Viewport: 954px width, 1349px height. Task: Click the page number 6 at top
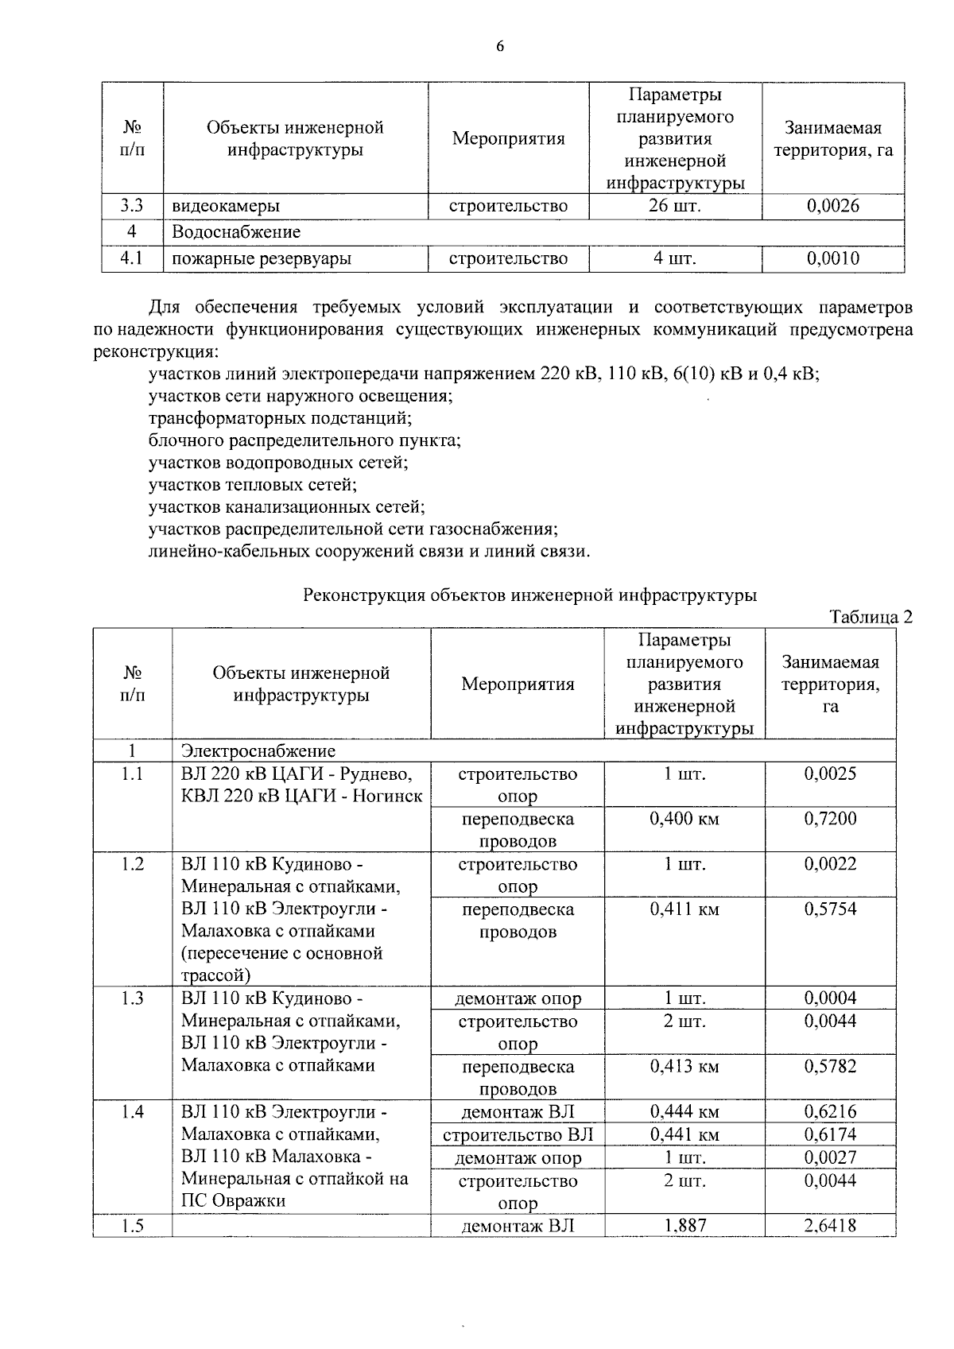(x=500, y=46)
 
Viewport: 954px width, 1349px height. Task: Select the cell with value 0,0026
(x=832, y=207)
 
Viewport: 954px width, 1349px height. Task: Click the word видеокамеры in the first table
(x=226, y=207)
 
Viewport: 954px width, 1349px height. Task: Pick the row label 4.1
(x=131, y=259)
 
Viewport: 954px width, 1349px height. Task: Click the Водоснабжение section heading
(x=236, y=233)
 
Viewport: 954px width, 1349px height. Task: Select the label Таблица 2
(x=870, y=617)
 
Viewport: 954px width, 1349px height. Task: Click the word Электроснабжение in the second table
(x=258, y=751)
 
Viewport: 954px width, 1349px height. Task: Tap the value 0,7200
(x=830, y=819)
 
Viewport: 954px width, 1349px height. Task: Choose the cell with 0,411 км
(x=684, y=909)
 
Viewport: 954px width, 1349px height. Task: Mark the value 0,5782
(x=830, y=1067)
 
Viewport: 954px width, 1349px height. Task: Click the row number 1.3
(x=132, y=999)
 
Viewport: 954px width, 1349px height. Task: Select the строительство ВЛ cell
(x=518, y=1135)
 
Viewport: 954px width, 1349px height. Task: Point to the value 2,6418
(x=830, y=1226)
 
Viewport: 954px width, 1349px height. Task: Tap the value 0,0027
(x=830, y=1158)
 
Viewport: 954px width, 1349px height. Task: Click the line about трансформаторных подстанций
(x=280, y=417)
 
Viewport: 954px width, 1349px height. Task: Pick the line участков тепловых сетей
(x=252, y=484)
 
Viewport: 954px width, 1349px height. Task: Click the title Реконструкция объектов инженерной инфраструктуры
(x=530, y=595)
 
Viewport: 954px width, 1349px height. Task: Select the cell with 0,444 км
(x=684, y=1112)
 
